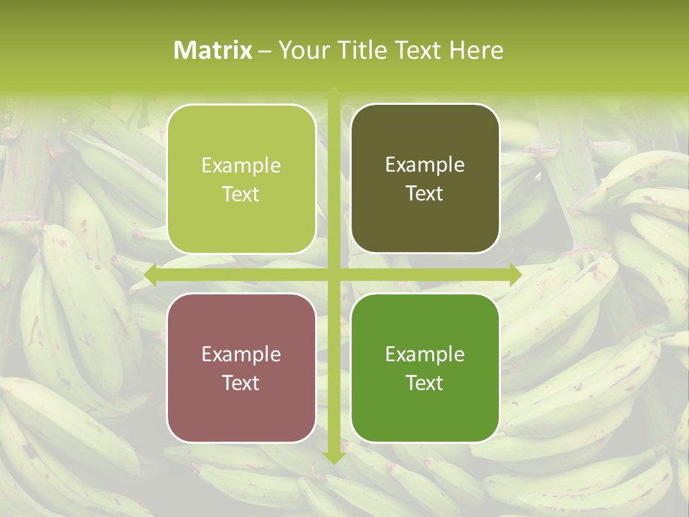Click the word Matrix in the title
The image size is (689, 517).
[x=213, y=50]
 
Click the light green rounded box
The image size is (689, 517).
[x=241, y=179]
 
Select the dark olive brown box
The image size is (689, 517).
[x=425, y=179]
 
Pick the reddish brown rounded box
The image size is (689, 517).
[x=241, y=368]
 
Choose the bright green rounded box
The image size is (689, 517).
[x=425, y=368]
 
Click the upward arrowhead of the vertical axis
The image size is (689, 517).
[x=334, y=93]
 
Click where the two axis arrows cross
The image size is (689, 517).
[x=334, y=274]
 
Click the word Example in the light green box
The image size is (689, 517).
[x=241, y=166]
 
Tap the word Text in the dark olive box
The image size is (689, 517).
[x=425, y=194]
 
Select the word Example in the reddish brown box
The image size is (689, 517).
[x=241, y=355]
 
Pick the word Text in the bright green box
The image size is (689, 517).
[x=425, y=383]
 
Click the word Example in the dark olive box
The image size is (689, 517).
[x=425, y=165]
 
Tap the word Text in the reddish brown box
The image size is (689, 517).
[x=241, y=383]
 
